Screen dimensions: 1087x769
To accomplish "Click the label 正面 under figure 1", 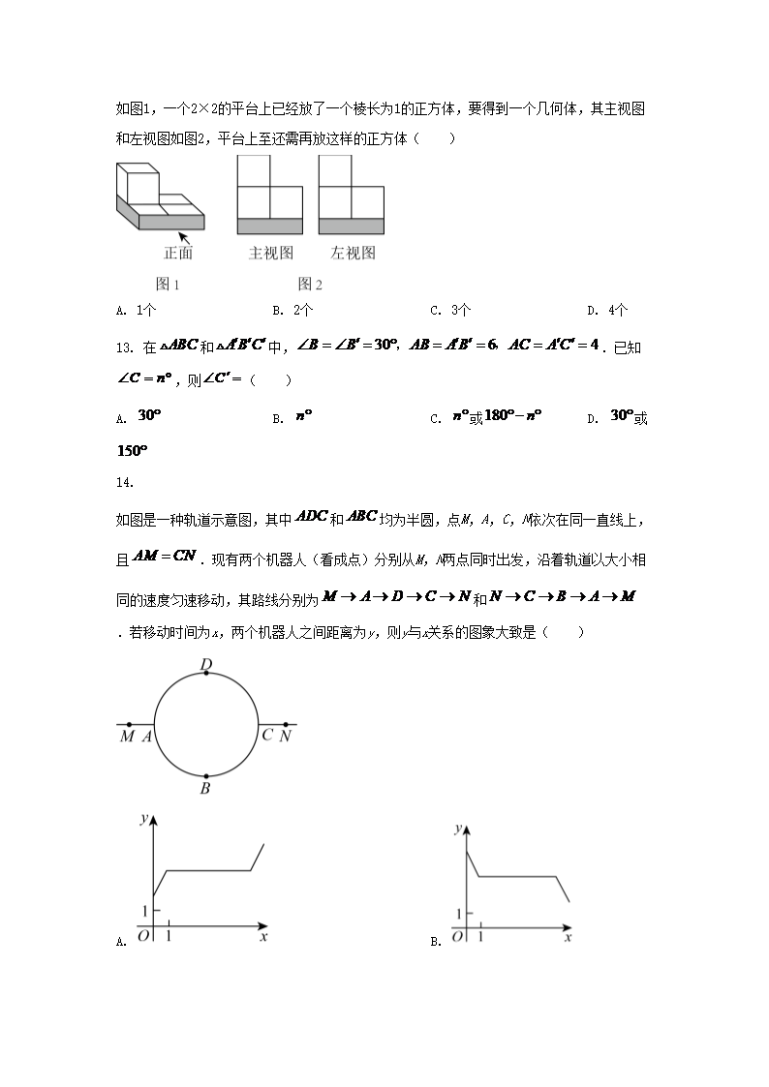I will point(178,254).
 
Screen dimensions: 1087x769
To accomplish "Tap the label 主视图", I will point(270,254).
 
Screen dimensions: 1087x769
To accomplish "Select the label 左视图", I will point(352,254).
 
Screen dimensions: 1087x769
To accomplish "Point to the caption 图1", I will point(169,284).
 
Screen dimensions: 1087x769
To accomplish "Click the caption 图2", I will point(310,284).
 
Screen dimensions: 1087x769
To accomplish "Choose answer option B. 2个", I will point(292,311).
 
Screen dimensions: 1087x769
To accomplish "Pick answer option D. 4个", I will point(607,311).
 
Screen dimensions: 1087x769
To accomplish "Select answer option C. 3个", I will point(450,311).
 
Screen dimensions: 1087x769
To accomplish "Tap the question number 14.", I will point(122,481).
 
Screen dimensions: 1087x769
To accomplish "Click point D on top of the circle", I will point(206,672).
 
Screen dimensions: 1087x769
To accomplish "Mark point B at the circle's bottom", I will point(206,776).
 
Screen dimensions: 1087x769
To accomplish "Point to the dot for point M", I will point(129,724).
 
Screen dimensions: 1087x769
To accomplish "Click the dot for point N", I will point(285,724).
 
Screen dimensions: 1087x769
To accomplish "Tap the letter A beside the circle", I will point(147,737).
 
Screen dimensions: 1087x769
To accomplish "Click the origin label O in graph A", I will point(143,936).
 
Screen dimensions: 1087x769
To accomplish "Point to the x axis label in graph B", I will point(568,937).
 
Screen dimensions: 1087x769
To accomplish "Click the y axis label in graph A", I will point(142,820).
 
